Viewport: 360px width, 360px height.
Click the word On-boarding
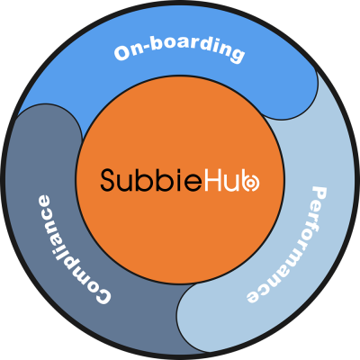(179, 51)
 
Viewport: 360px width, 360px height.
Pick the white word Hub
(232, 180)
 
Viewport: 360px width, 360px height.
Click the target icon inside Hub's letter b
(252, 184)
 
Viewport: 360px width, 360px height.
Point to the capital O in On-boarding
(122, 53)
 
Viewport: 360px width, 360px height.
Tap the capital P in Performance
(319, 195)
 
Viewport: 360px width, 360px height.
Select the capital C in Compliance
(102, 295)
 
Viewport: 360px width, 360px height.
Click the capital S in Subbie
(108, 180)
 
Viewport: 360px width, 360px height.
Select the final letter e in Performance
(253, 296)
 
